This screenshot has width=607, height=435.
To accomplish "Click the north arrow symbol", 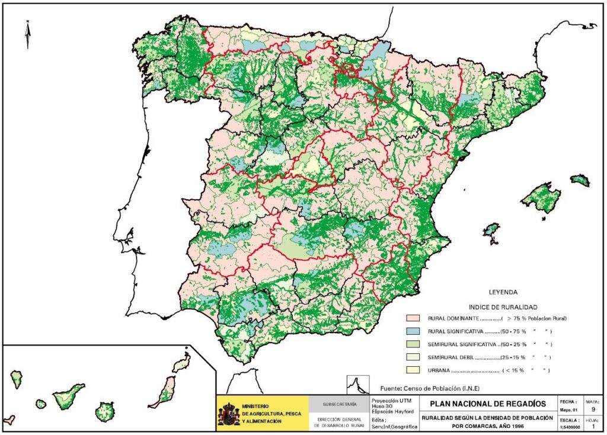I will [x=28, y=34].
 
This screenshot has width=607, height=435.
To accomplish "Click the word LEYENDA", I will [x=503, y=292].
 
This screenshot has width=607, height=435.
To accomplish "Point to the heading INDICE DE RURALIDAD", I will [x=503, y=307].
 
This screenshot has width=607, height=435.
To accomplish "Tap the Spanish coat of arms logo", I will [x=229, y=414].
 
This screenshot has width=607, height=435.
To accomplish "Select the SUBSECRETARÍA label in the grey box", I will [x=339, y=404].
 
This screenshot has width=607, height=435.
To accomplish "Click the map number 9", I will [x=593, y=408].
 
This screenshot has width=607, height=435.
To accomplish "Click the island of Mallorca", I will [x=540, y=198].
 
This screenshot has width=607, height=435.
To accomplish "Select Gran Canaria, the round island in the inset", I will [x=106, y=410].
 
